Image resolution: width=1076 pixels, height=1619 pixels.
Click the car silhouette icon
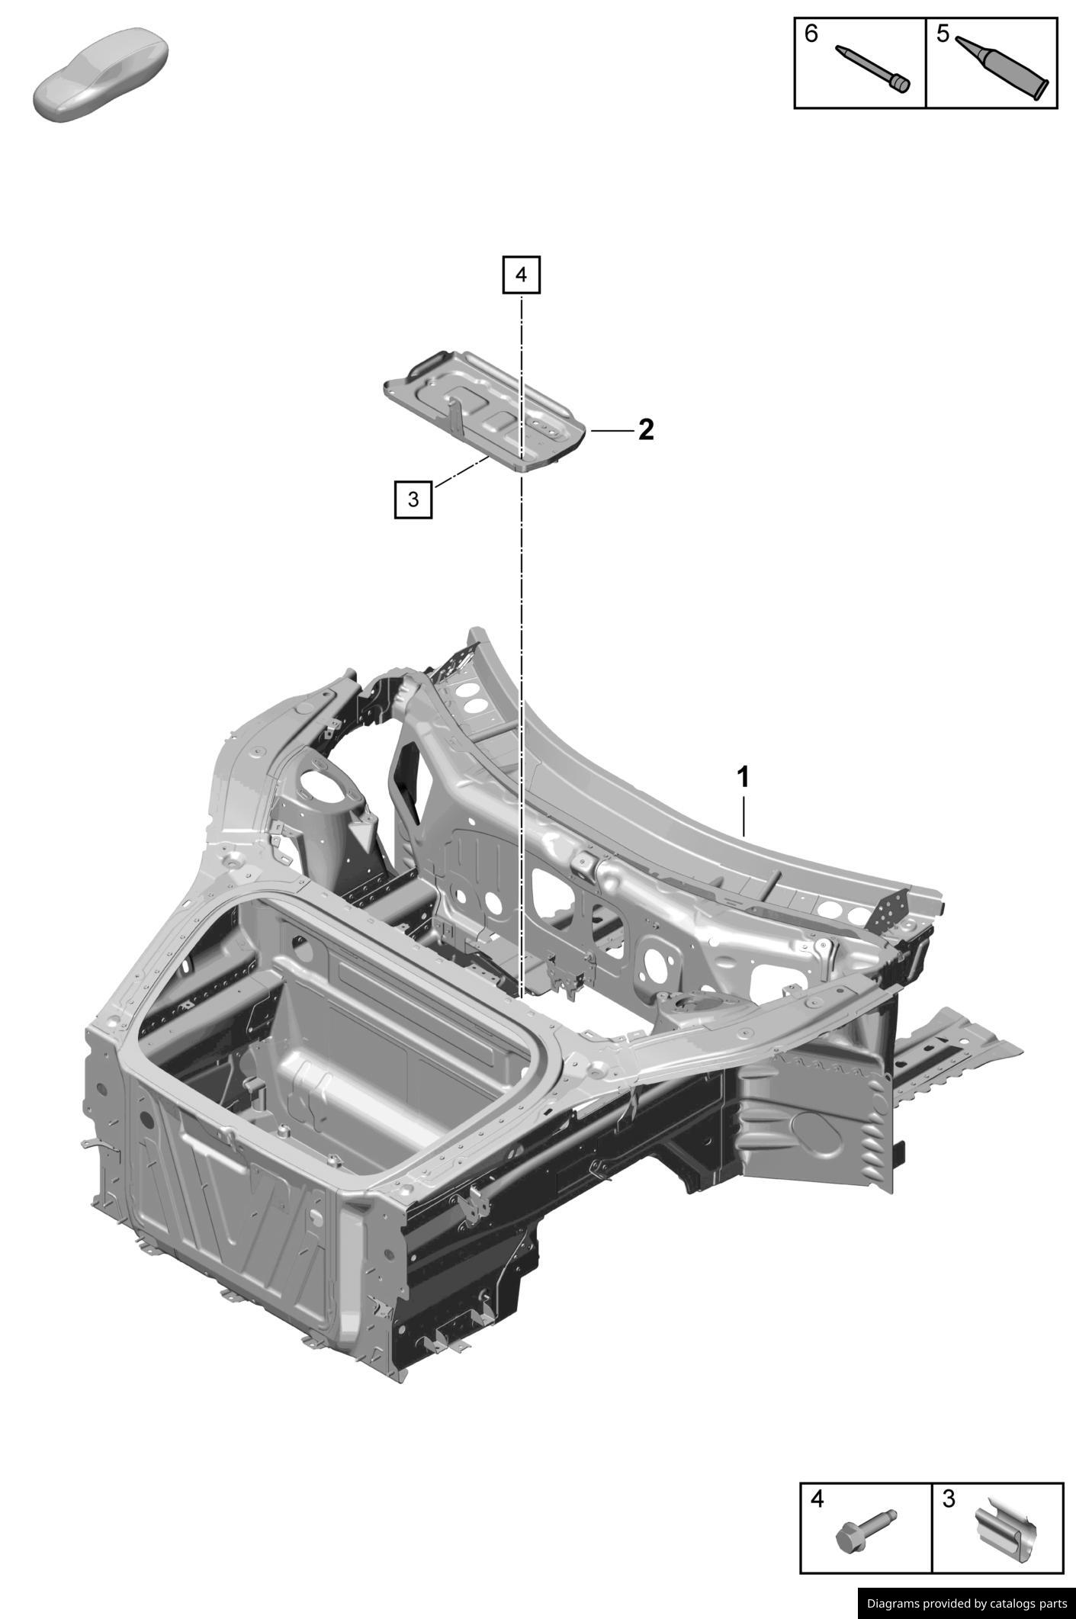pyautogui.click(x=101, y=74)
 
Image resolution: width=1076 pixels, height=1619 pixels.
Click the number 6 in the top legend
pyautogui.click(x=811, y=34)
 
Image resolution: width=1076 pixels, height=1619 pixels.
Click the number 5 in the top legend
pyautogui.click(x=943, y=34)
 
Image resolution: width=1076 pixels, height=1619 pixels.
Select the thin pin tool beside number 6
pyautogui.click(x=872, y=69)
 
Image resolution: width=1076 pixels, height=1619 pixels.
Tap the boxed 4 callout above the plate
pyautogui.click(x=521, y=275)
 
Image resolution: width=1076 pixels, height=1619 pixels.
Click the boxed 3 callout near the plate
pyautogui.click(x=413, y=500)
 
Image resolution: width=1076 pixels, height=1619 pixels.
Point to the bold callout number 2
pyautogui.click(x=645, y=430)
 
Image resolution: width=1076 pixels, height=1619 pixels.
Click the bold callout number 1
pyautogui.click(x=742, y=778)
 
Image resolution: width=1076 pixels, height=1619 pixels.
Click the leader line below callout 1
pyautogui.click(x=744, y=816)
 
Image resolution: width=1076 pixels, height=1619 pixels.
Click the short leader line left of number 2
pyautogui.click(x=612, y=431)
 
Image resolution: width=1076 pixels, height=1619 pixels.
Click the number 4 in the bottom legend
pyautogui.click(x=817, y=1499)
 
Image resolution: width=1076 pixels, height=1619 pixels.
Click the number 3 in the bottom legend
pyautogui.click(x=949, y=1499)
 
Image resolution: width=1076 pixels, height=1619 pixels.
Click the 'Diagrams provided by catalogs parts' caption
pyautogui.click(x=966, y=1604)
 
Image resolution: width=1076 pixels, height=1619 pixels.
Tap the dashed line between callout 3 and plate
pyautogui.click(x=461, y=471)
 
